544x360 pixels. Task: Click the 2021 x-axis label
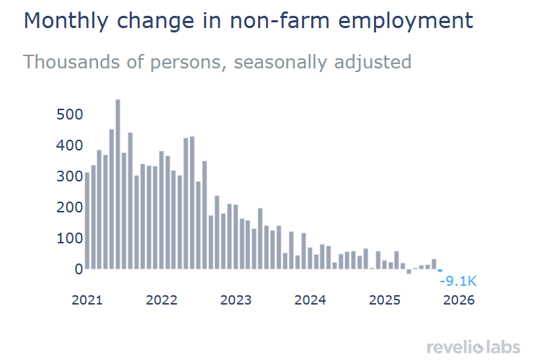86,300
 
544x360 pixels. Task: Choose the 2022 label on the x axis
161,300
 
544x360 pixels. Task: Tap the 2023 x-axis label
236,300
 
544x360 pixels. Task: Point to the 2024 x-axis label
311,300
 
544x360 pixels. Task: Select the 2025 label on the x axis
385,300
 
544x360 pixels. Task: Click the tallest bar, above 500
118,184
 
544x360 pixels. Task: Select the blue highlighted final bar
440,270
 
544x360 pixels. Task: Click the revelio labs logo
473,348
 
